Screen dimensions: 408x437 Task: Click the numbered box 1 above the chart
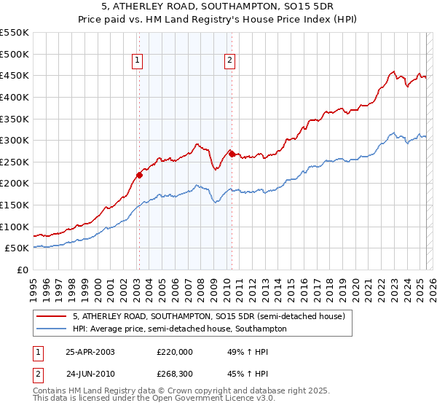tap(138, 61)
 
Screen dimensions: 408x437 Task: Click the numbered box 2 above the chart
tap(229, 61)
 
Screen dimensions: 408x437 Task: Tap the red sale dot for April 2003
tap(139, 175)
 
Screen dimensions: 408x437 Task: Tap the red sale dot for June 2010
tap(232, 154)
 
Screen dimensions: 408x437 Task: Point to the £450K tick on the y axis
tap(15, 75)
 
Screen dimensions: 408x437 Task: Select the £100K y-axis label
tap(15, 227)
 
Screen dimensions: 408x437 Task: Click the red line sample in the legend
tap(52, 316)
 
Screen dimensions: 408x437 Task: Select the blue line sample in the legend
tap(52, 329)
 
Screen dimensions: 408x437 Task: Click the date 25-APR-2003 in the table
tap(90, 351)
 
